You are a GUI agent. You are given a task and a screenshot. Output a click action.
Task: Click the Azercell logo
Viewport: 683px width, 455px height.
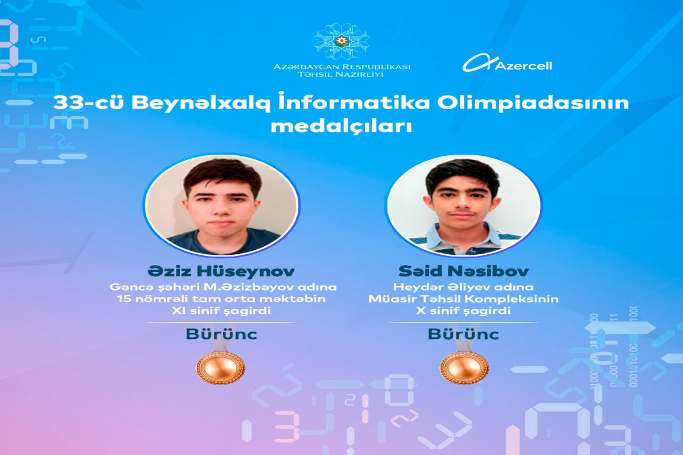coord(507,63)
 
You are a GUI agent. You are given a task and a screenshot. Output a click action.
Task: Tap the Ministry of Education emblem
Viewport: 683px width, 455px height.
coord(341,42)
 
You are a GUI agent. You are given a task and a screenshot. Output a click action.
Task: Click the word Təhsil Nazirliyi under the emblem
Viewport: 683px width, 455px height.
coord(340,75)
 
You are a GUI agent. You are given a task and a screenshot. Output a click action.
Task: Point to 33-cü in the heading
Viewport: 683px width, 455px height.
coord(88,103)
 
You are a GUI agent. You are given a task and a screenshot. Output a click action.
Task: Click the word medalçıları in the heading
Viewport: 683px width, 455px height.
coord(341,126)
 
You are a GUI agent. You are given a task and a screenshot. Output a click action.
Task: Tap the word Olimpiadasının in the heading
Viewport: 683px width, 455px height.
coord(533,103)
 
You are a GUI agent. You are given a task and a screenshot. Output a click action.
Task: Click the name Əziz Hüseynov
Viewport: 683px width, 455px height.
coord(221,271)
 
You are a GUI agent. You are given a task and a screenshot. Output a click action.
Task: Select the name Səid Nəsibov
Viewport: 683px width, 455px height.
coord(463,271)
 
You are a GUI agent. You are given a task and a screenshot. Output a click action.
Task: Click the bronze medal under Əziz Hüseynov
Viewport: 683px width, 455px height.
coord(220,367)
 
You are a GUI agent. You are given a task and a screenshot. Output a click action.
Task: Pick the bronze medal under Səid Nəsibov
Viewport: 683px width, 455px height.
coord(464,367)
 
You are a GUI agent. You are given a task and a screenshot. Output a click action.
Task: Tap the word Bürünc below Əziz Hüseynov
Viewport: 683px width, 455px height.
coord(221,334)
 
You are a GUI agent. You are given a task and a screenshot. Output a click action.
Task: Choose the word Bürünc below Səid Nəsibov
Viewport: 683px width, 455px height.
coord(463,334)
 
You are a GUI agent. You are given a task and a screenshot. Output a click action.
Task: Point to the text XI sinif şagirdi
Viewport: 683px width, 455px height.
coord(221,311)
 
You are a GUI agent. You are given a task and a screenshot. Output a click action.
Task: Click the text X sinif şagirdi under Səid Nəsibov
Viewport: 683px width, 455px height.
coord(463,311)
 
